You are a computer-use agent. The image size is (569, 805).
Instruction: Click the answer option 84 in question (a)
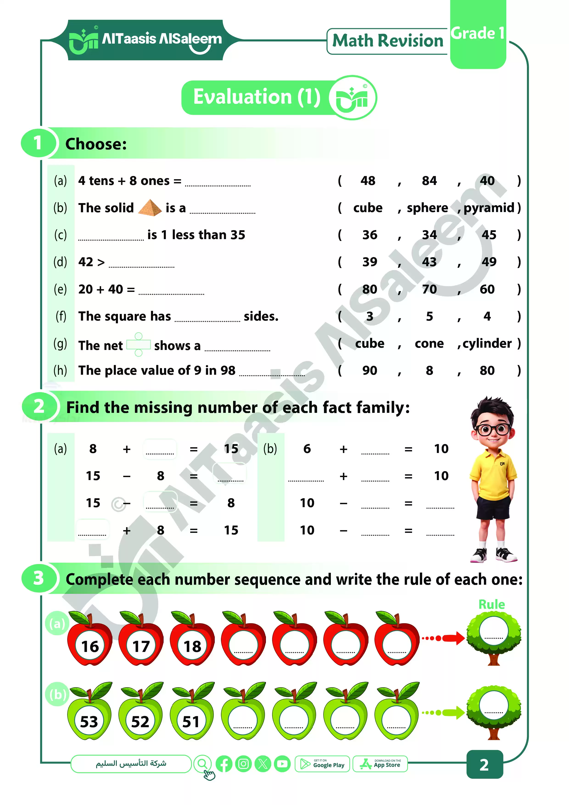click(x=429, y=181)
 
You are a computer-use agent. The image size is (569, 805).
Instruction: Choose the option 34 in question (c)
click(x=429, y=235)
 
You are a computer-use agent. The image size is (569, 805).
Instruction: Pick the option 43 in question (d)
click(x=429, y=262)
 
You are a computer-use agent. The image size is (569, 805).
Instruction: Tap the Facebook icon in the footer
click(x=224, y=764)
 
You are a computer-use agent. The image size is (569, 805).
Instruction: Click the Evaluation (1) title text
click(x=257, y=97)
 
